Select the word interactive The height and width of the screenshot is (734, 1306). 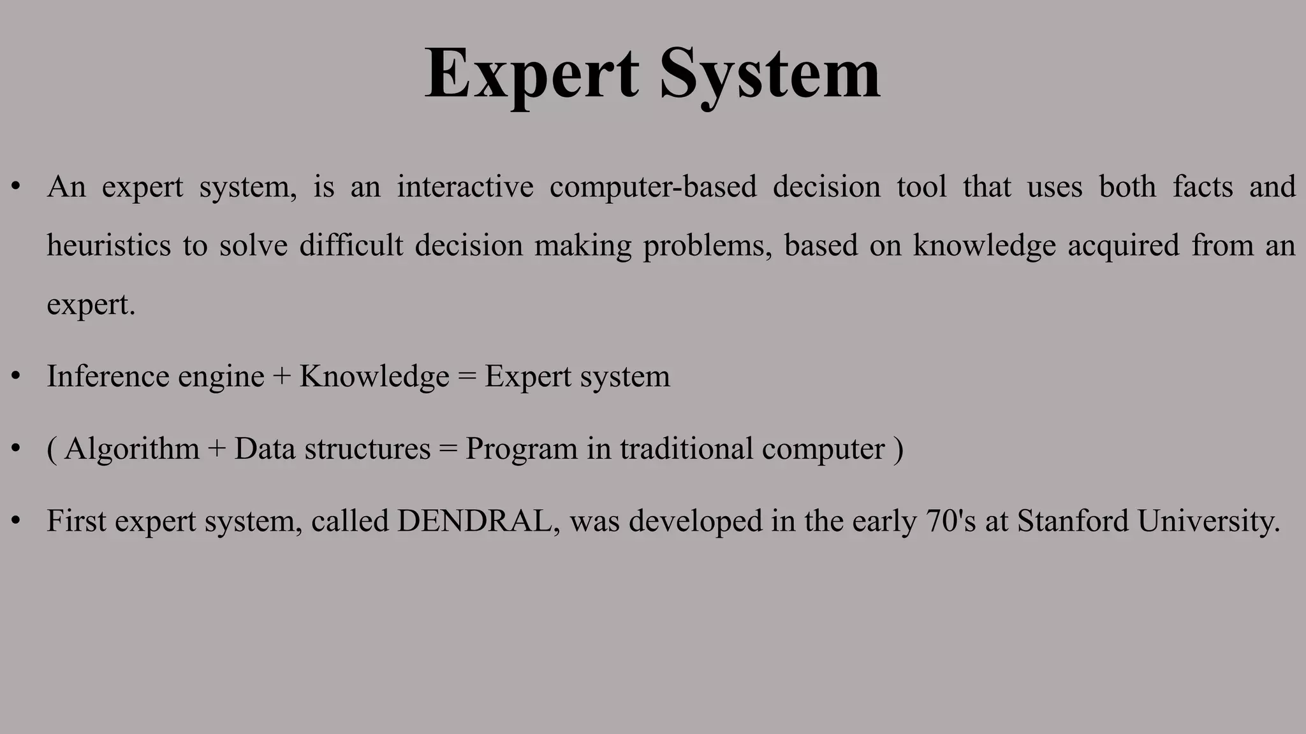click(x=465, y=187)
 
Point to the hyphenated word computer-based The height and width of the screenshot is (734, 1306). click(x=653, y=187)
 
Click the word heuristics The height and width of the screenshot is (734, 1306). click(x=109, y=245)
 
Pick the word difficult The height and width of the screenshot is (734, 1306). click(x=351, y=245)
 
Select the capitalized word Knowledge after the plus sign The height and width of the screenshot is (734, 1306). click(x=374, y=376)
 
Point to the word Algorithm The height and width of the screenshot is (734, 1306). click(x=131, y=448)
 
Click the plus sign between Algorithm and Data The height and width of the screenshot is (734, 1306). click(x=217, y=449)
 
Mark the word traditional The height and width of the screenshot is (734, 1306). click(x=686, y=448)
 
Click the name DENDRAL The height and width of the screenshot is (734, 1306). click(x=474, y=521)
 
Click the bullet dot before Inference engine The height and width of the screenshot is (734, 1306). click(x=16, y=376)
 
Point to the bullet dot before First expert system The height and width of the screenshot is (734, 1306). click(x=16, y=521)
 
